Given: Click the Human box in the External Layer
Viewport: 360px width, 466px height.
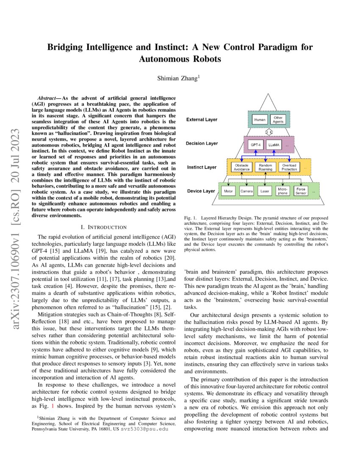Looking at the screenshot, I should pos(260,119).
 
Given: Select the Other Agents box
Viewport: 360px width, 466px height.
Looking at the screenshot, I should pos(278,119).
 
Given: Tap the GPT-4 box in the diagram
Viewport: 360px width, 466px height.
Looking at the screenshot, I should pos(256,144).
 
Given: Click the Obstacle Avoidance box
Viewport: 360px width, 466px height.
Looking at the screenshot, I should pos(242,167).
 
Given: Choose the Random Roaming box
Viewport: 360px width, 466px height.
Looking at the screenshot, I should pos(266,167).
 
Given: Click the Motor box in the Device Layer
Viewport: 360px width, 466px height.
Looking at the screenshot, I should pos(229,191).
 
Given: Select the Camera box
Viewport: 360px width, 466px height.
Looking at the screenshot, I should pos(246,191).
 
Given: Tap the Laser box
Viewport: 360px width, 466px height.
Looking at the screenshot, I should pos(264,191).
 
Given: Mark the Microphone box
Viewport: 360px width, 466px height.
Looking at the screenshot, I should pos(282,191).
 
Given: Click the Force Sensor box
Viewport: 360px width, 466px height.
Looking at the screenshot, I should pos(301,191).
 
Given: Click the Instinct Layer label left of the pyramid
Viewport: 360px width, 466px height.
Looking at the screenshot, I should pos(202,167).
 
